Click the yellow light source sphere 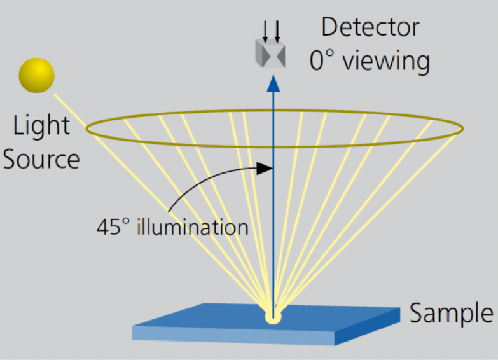coord(36,76)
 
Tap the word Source coord(42,158)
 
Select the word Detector coord(370,28)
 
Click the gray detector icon coord(270,53)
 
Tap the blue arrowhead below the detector coord(273,84)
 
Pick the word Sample coord(451,313)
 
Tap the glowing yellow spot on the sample coord(273,315)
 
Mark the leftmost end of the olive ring coord(87,128)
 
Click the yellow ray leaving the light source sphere coord(70,108)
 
